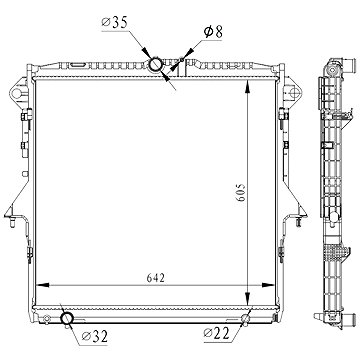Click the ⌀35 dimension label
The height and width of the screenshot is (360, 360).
tap(114, 23)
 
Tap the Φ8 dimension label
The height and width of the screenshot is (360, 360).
tap(213, 32)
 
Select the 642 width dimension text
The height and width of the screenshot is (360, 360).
tap(156, 278)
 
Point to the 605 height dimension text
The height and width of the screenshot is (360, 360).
tap(241, 192)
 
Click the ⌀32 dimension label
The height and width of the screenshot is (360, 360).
tap(94, 337)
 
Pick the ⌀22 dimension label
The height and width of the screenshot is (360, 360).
tap(217, 333)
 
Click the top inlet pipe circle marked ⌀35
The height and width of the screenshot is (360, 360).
tap(155, 64)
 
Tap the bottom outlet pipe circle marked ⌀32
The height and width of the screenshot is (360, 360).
tap(67, 318)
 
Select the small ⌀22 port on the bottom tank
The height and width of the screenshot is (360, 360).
tap(246, 319)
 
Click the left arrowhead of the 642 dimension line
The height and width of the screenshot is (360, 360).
tap(42, 285)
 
